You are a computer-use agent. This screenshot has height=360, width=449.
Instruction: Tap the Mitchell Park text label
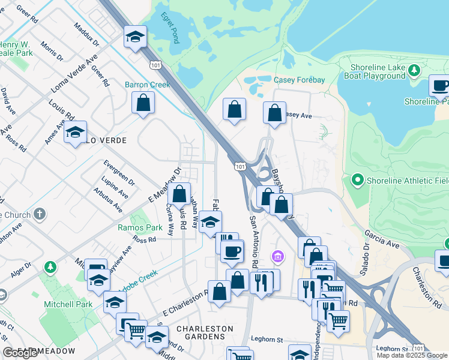[68, 304]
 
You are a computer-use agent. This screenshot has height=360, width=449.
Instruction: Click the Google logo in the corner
[20, 353]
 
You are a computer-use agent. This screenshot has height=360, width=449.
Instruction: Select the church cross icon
[40, 213]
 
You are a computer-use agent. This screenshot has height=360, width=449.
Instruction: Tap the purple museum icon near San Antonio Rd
[277, 257]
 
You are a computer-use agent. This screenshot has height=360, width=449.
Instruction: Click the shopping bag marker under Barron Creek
[143, 103]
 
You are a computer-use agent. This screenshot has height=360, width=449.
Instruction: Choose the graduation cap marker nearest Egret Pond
[135, 37]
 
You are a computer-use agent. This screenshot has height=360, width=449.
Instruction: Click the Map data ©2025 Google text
[412, 355]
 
